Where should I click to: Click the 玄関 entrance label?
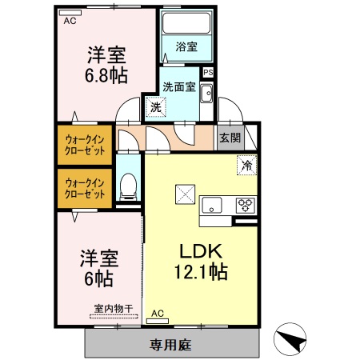(x=230, y=138)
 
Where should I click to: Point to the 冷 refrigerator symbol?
(x=246, y=166)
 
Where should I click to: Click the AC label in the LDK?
(x=158, y=314)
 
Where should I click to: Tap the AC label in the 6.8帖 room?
(x=70, y=20)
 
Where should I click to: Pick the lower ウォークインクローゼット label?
(x=85, y=188)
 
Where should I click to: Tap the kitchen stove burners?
(x=244, y=203)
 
